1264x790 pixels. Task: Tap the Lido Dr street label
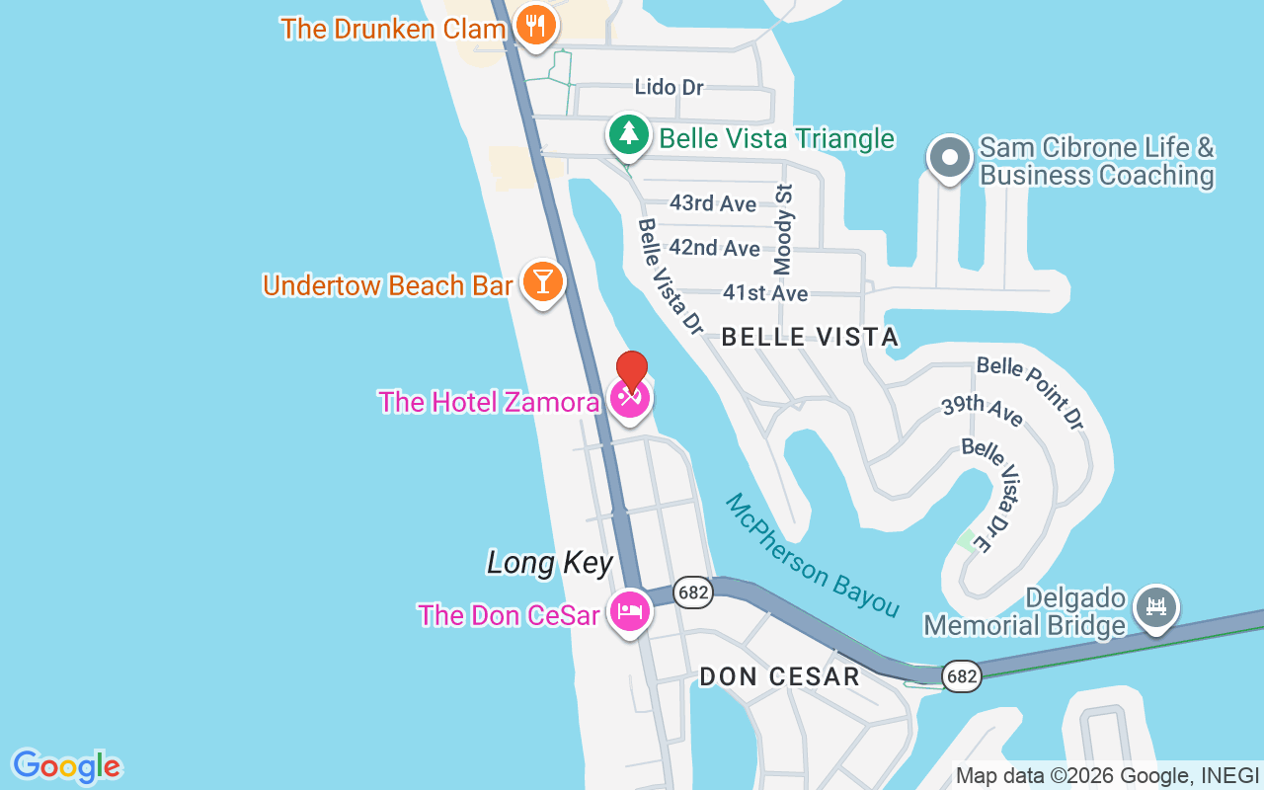pos(669,87)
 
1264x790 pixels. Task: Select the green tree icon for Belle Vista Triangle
pos(628,133)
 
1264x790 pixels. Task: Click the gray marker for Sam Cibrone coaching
pos(949,157)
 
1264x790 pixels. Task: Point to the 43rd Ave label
pos(713,203)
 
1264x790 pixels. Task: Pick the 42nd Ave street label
pos(714,248)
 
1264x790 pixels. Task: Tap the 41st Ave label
pos(764,293)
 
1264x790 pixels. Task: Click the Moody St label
pos(784,229)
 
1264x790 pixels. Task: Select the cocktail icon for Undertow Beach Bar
pos(541,281)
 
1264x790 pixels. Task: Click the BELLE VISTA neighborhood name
pos(810,337)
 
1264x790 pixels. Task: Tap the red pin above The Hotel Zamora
pos(631,371)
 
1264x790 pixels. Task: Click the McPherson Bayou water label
pos(812,556)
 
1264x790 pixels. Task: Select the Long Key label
pos(550,563)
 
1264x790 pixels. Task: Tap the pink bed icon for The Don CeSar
pos(629,611)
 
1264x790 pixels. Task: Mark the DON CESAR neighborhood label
pos(779,676)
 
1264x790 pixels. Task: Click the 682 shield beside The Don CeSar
pos(693,592)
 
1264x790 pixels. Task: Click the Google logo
pos(66,766)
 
